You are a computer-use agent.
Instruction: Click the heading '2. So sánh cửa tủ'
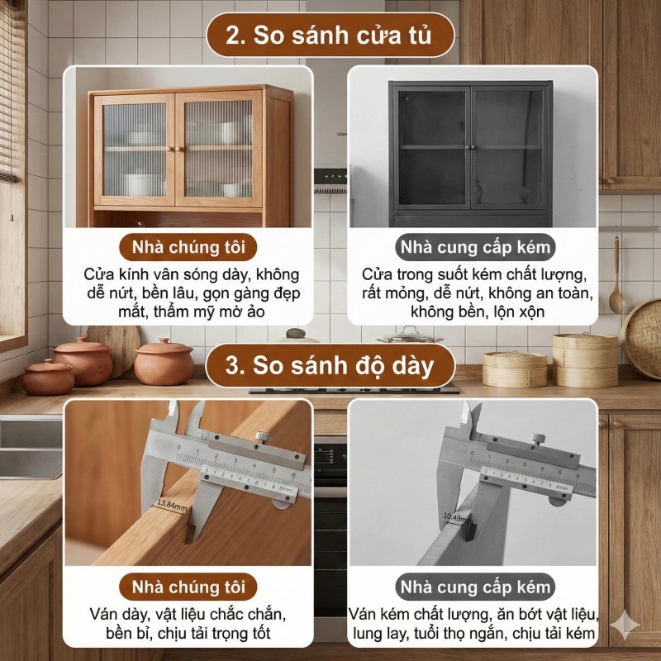[330, 35]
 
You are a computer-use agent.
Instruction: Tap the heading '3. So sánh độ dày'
[330, 365]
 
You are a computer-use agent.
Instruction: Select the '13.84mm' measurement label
[173, 506]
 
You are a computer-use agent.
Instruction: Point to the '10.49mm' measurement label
[457, 517]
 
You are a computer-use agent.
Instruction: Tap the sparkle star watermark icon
[625, 625]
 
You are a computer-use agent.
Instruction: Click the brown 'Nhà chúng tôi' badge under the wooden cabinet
[188, 247]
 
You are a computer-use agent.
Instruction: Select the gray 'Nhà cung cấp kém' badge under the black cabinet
[475, 247]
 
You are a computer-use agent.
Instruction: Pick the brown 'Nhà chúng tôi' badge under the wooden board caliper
[188, 587]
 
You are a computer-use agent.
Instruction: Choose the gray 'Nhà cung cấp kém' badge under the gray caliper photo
[475, 587]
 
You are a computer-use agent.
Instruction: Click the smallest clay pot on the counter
[48, 377]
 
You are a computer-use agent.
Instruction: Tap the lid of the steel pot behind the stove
[409, 335]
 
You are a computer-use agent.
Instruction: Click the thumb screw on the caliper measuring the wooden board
[263, 437]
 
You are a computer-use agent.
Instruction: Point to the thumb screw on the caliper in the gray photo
[538, 440]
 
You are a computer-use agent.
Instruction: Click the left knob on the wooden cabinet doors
[169, 149]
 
